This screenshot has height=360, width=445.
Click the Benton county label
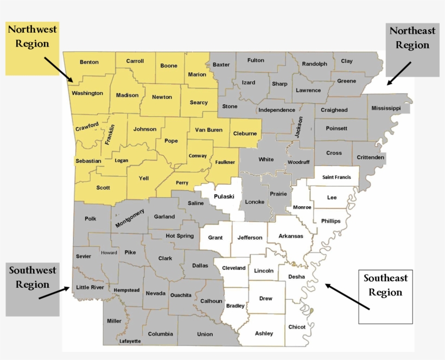pyautogui.click(x=89, y=62)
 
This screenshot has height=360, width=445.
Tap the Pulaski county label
pyautogui.click(x=224, y=197)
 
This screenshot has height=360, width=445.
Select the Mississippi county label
pyautogui.click(x=386, y=109)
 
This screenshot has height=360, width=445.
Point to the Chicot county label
pyautogui.click(x=297, y=327)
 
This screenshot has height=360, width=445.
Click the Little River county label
pyautogui.click(x=90, y=287)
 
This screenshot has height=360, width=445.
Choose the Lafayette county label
pyautogui.click(x=130, y=341)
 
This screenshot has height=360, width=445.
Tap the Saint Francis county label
pyautogui.click(x=336, y=177)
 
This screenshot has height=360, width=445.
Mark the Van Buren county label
pyautogui.click(x=209, y=130)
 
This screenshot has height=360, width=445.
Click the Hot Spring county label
pyautogui.click(x=180, y=236)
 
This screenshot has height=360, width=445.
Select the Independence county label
pyautogui.click(x=277, y=110)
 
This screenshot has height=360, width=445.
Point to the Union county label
pyautogui.click(x=205, y=334)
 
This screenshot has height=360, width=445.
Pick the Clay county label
pyautogui.click(x=347, y=61)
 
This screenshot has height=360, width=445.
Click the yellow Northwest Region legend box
pyautogui.click(x=33, y=49)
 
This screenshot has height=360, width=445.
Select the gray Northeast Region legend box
pyautogui.click(x=412, y=50)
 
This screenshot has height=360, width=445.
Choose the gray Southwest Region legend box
pyautogui.click(x=33, y=289)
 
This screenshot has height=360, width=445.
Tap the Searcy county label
pyautogui.click(x=199, y=103)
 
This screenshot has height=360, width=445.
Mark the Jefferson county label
pyautogui.click(x=250, y=237)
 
